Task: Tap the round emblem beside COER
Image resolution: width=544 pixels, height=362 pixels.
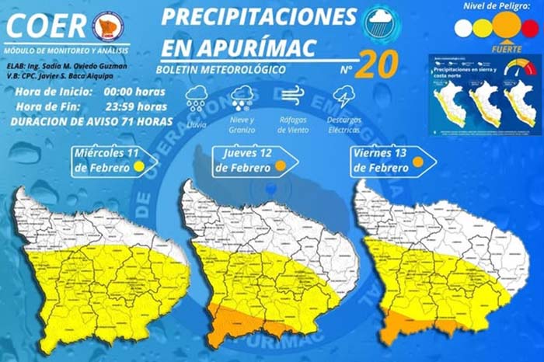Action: pyautogui.click(x=107, y=26)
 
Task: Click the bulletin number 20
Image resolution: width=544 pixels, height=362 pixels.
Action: pyautogui.click(x=378, y=65)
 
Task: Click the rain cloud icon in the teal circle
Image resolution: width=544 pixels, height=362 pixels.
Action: pyautogui.click(x=382, y=22)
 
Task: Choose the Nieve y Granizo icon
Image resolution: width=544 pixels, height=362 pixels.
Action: pyautogui.click(x=242, y=99)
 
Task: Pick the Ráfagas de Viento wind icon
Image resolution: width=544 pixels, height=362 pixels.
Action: pyautogui.click(x=291, y=97)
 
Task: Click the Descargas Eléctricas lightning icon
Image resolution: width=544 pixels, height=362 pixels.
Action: pyautogui.click(x=343, y=98)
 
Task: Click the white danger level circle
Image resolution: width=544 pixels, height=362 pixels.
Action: pyautogui.click(x=463, y=28)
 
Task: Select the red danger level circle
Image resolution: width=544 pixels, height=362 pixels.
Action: pyautogui.click(x=530, y=28)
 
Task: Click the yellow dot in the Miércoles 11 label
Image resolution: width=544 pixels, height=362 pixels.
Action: pyautogui.click(x=138, y=165)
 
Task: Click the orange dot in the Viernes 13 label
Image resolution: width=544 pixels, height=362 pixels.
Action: pyautogui.click(x=417, y=162)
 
